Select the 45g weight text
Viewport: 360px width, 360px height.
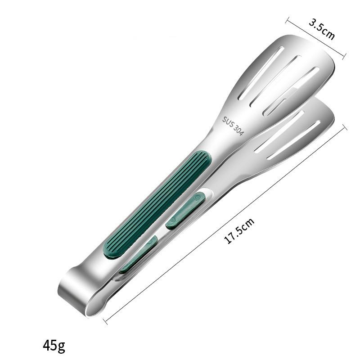54,345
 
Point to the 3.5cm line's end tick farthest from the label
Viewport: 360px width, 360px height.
288,20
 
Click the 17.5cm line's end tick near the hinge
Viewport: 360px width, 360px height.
104,320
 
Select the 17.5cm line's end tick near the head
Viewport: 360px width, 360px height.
346,127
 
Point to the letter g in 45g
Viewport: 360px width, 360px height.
61,346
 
